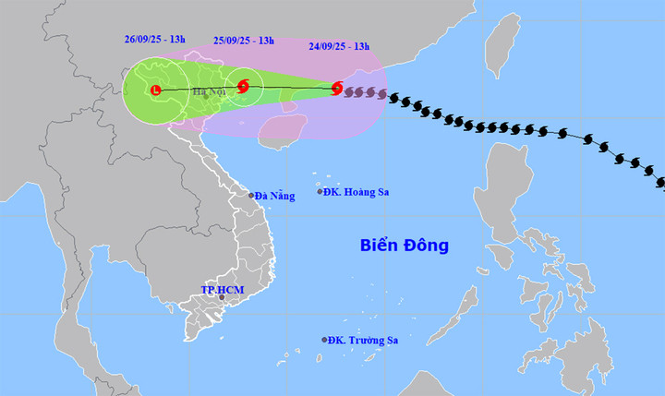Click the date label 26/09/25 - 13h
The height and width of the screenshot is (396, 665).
(x=155, y=40)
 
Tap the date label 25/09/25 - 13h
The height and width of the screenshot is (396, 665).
(x=244, y=40)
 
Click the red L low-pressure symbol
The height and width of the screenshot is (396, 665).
(x=155, y=90)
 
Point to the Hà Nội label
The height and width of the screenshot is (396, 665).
(x=210, y=91)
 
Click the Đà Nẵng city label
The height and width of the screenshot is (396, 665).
(x=276, y=196)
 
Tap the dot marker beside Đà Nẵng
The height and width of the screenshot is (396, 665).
(x=251, y=196)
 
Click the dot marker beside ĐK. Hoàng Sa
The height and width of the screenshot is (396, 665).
(x=320, y=191)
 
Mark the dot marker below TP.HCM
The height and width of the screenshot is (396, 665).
(x=222, y=298)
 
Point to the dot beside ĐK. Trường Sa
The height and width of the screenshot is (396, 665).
(x=324, y=340)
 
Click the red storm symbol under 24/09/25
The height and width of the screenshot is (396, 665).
(x=337, y=89)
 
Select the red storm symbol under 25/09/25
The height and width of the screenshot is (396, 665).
(x=243, y=86)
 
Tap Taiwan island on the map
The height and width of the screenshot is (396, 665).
(x=502, y=46)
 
